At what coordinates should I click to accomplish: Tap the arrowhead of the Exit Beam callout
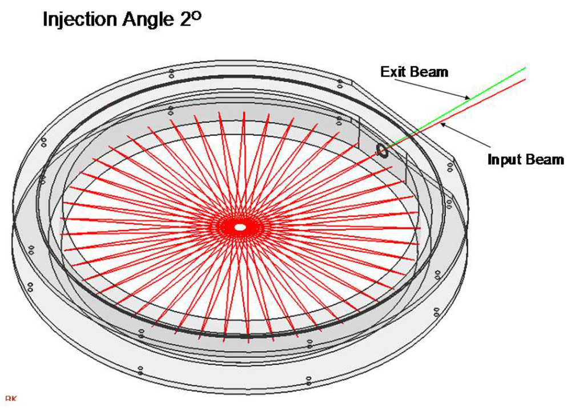pyautogui.click(x=469, y=97)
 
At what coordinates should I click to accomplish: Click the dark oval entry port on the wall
pyautogui.click(x=381, y=150)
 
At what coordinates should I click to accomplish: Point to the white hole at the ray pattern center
pyautogui.click(x=240, y=227)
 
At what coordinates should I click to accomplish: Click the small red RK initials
pyautogui.click(x=9, y=398)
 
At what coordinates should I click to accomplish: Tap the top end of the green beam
pyautogui.click(x=524, y=68)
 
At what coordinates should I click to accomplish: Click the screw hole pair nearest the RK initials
pyautogui.click(x=140, y=370)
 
